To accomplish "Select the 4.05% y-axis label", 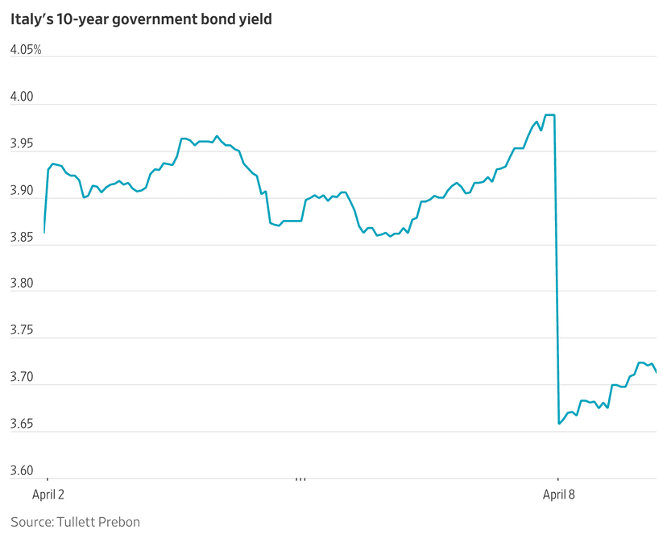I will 25,50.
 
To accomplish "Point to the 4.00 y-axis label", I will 22,97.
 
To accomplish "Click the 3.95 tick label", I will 22,143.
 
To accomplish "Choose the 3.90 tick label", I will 22,190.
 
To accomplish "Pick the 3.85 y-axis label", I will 22,237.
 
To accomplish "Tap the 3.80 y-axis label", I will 22,283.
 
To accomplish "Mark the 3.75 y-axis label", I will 22,330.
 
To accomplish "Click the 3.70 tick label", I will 22,377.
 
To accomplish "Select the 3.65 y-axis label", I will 22,424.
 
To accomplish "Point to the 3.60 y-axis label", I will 22,470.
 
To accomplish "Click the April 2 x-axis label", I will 47,494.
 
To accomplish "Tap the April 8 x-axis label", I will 559,494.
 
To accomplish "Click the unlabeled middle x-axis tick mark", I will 301,481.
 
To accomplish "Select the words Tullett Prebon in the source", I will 98,522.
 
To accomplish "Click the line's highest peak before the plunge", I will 551,115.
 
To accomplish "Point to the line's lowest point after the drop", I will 559,424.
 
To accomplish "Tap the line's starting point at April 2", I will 44,232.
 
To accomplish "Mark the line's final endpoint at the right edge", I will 657,372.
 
